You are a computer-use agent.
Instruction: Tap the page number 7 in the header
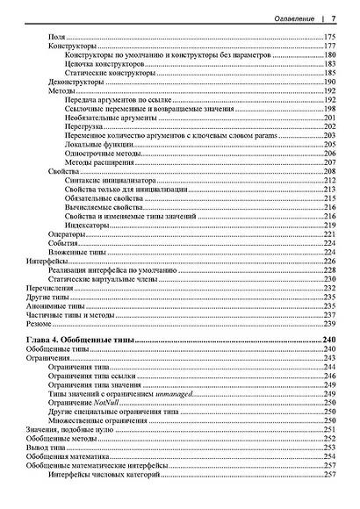coord(334,17)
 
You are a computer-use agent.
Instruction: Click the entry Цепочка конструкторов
coord(100,63)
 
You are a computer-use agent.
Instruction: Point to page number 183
coord(330,63)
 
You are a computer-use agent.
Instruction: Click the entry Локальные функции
coord(96,145)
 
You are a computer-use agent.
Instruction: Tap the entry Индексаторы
coord(90,226)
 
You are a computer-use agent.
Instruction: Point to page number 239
coord(330,324)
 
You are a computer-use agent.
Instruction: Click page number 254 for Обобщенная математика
coord(330,456)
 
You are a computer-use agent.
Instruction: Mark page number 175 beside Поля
coord(330,36)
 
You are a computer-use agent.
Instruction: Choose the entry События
coord(62,243)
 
